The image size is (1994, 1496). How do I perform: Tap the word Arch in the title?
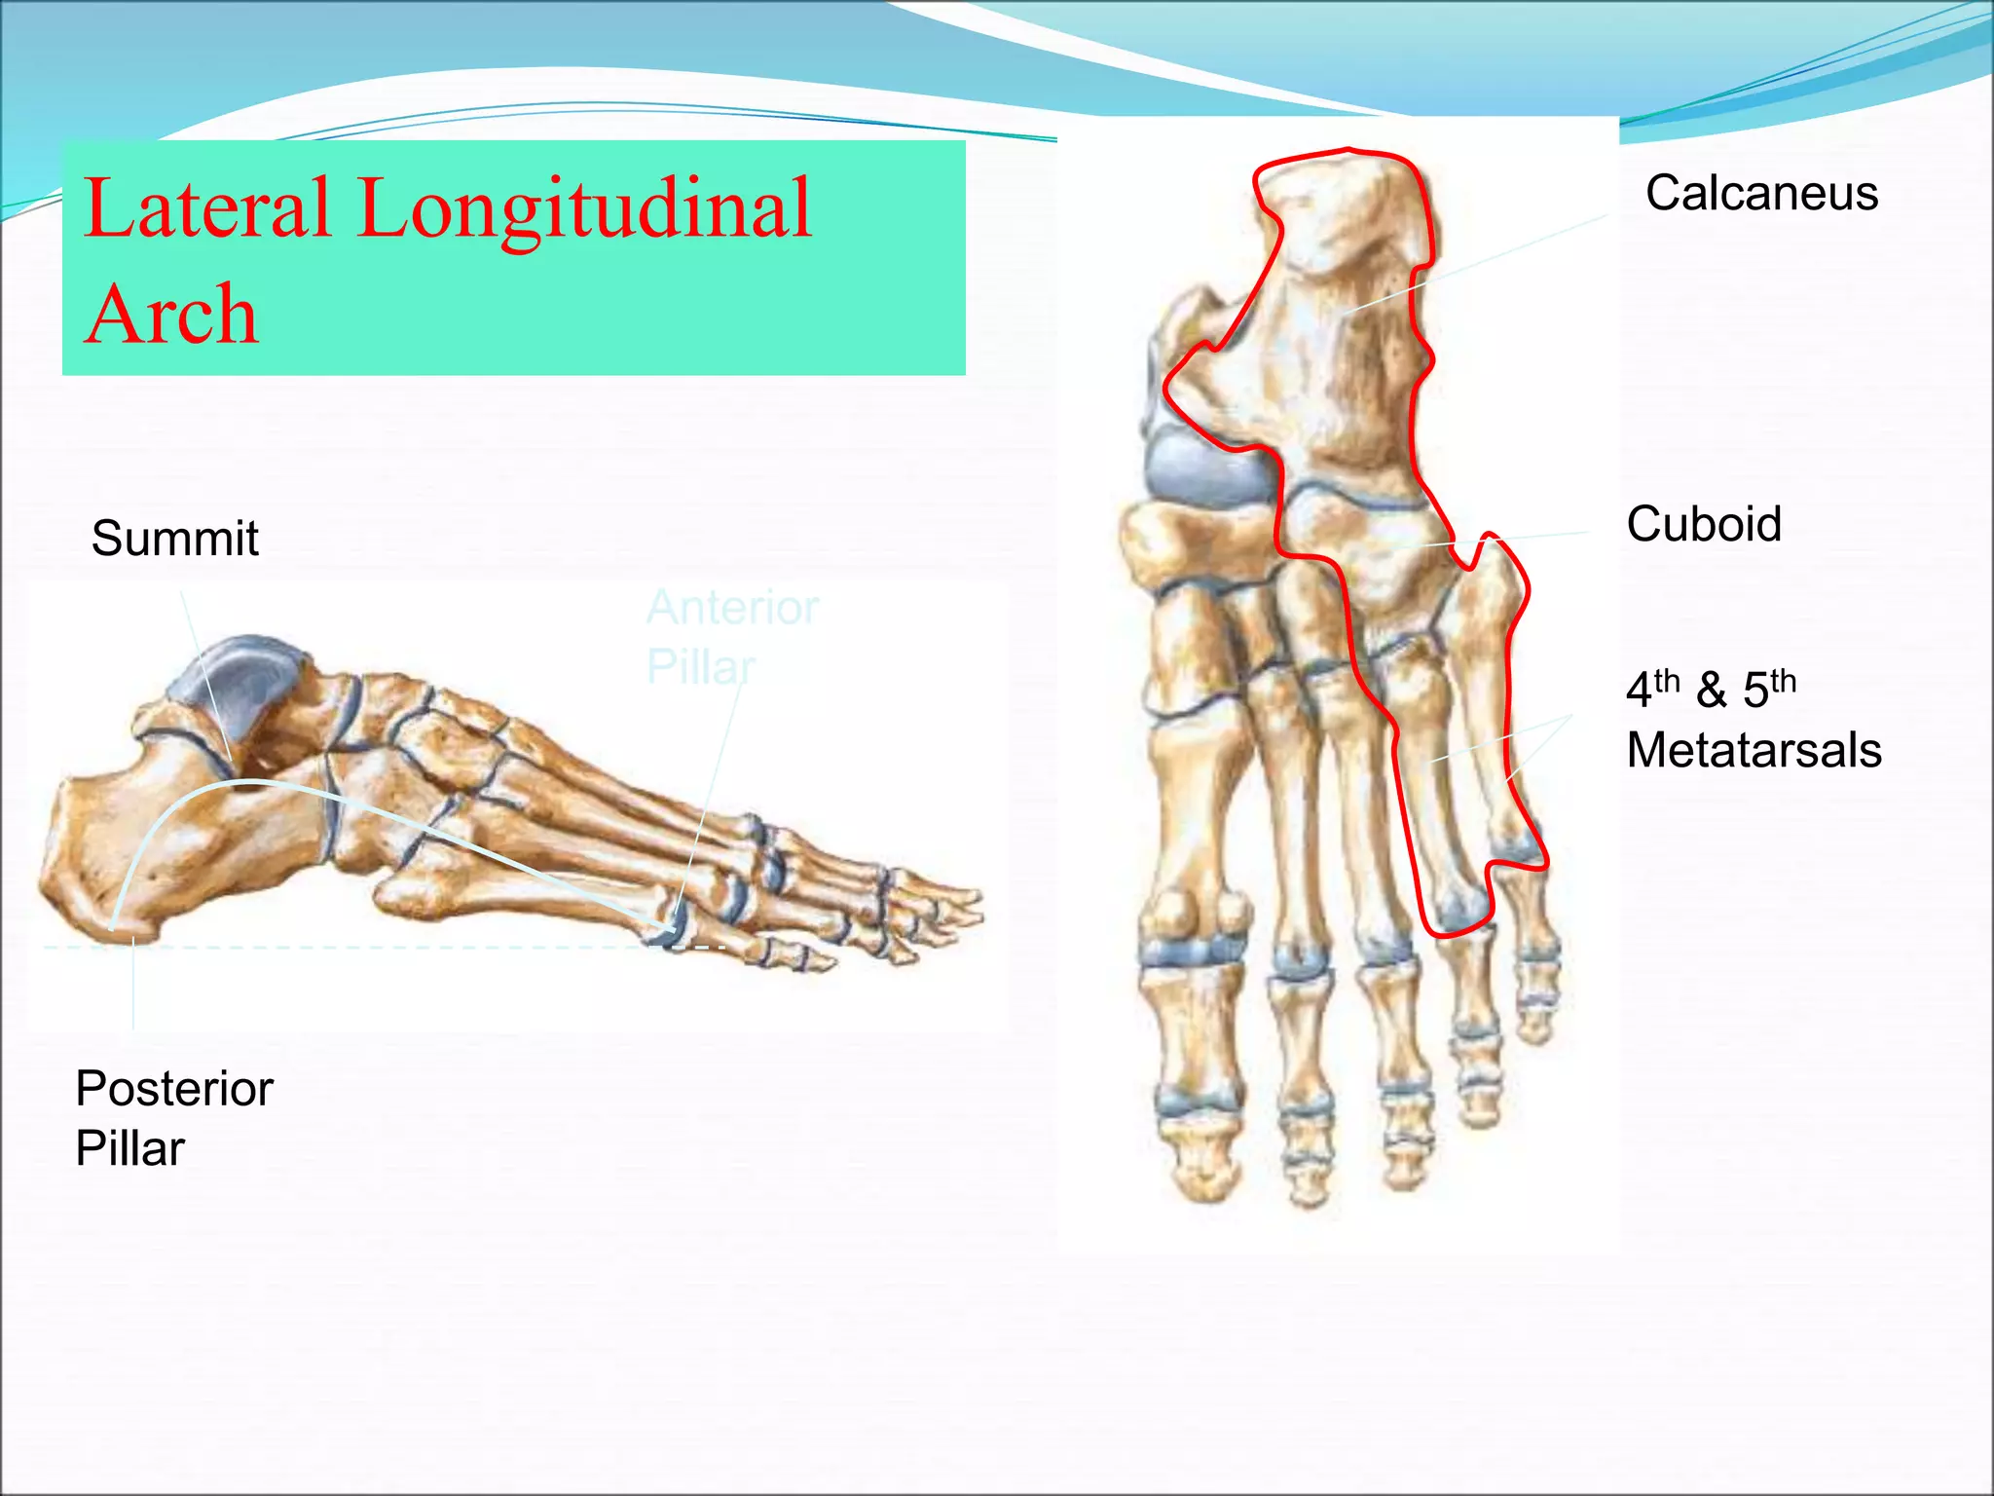coord(172,316)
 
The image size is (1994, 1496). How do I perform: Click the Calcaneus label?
coord(1760,194)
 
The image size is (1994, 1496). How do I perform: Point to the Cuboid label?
coord(1703,524)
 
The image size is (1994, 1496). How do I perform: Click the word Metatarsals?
coord(1754,750)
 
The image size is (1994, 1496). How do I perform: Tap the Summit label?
coord(174,538)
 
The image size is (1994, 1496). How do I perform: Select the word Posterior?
coord(174,1088)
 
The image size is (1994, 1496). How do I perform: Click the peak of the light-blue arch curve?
coord(251,781)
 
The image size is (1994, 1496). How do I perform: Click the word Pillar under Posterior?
coord(129,1148)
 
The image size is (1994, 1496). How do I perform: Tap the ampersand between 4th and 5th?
coord(1711,691)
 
